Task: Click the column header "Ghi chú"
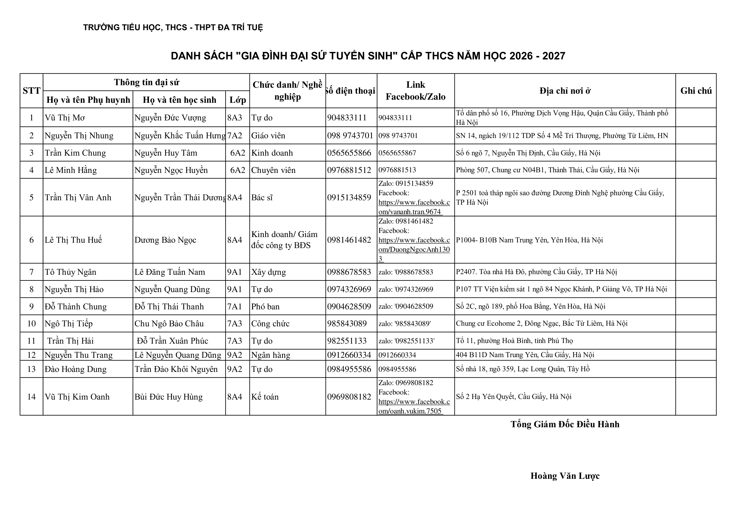[x=696, y=91]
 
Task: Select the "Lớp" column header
[x=238, y=100]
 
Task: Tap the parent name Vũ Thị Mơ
[x=65, y=118]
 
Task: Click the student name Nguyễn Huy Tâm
[x=166, y=153]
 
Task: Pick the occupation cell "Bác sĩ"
[x=262, y=197]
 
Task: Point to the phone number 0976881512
[x=349, y=170]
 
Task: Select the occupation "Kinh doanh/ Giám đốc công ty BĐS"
[x=284, y=240]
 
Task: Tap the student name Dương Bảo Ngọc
[x=165, y=240]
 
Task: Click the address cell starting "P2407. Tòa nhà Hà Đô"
[x=536, y=272]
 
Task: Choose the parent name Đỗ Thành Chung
[x=75, y=307]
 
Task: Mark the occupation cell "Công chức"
[x=270, y=324]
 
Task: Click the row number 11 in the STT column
[x=31, y=341]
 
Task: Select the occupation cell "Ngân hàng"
[x=271, y=355]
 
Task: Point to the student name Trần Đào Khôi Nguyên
[x=176, y=369]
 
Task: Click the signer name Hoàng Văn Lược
[x=565, y=476]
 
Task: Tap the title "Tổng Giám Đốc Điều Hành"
[x=565, y=424]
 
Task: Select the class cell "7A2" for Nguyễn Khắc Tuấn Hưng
[x=235, y=136]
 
